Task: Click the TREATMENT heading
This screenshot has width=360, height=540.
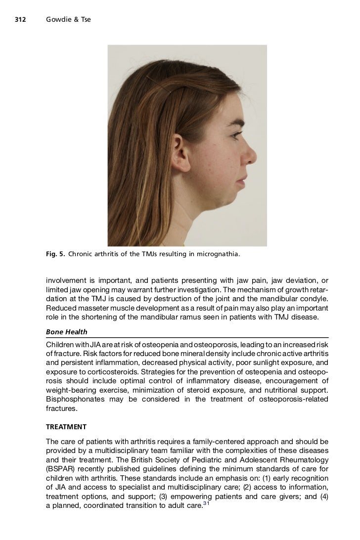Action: (66, 426)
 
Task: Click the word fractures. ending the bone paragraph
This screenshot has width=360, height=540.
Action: (61, 408)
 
